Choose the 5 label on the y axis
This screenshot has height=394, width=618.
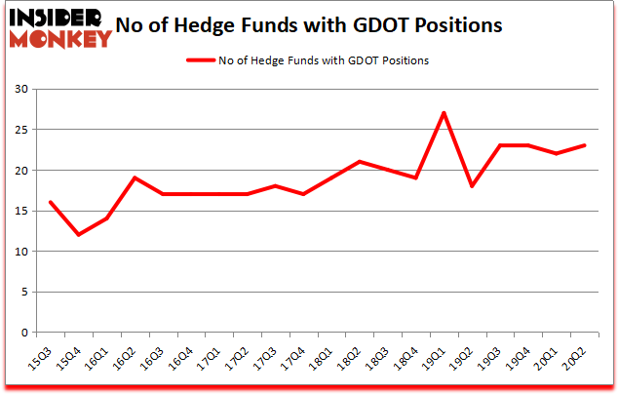(x=23, y=292)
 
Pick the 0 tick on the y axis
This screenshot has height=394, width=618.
(x=23, y=333)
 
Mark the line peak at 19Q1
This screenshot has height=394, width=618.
(x=444, y=113)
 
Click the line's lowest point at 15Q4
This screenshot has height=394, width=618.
(x=77, y=235)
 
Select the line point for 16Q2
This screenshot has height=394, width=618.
(x=134, y=177)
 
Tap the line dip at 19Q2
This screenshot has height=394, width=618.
(x=472, y=186)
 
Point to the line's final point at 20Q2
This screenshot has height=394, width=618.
(x=584, y=145)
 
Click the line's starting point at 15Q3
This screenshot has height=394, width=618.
(x=50, y=202)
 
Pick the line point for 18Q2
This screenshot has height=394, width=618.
(x=359, y=162)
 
